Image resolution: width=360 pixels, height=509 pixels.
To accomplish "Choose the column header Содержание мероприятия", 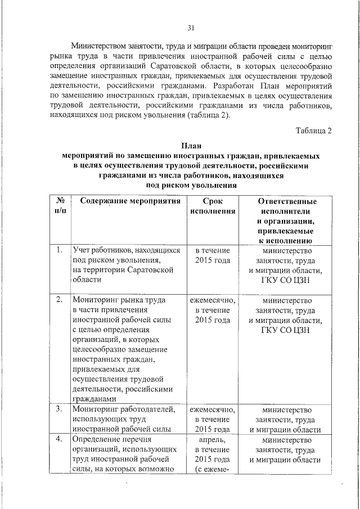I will tap(129, 201).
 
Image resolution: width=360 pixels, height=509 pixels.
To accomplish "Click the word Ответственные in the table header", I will tap(287, 201).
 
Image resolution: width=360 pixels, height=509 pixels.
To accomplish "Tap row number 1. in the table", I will tap(59, 250).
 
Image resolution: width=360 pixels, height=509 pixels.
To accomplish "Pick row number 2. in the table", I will tap(59, 299).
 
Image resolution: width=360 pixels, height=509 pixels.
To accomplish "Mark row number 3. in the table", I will tap(59, 409).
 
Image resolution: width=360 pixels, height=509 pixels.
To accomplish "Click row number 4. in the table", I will tap(59, 439).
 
